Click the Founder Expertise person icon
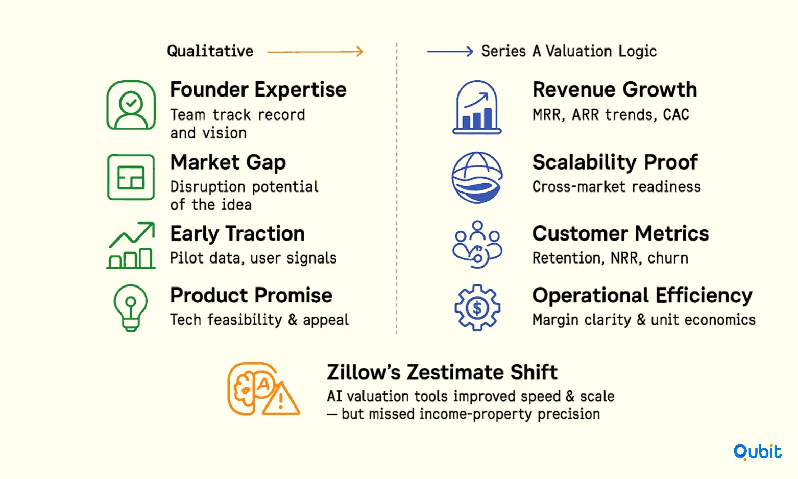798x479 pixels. pos(131,105)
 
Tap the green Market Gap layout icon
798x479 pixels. pos(131,177)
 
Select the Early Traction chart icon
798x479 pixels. pos(131,245)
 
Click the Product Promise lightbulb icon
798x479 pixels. pos(130,308)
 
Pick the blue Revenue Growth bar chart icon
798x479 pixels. pos(477,107)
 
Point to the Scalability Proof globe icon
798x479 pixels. pos(477,177)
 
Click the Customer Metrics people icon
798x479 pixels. pos(477,245)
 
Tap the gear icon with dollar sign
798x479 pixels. pos(477,307)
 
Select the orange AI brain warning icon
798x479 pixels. pos(263,389)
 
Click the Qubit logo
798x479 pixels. pos(758,452)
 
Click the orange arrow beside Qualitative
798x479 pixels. pos(316,51)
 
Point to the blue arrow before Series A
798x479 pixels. pos(450,51)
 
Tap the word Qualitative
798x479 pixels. pos(210,51)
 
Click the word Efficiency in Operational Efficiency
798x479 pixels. pos(704,296)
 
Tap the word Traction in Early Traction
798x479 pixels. pos(264,234)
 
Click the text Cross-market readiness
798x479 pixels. pos(616,187)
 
